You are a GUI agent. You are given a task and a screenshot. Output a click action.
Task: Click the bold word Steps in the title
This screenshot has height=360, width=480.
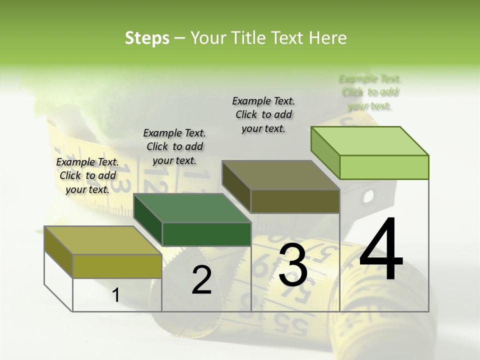(x=147, y=38)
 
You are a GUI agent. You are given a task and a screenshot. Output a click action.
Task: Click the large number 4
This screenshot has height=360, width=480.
(x=381, y=250)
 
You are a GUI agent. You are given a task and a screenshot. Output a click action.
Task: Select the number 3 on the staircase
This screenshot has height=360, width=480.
(x=293, y=265)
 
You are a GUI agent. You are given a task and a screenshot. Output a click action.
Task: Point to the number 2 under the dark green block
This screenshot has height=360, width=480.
(x=201, y=280)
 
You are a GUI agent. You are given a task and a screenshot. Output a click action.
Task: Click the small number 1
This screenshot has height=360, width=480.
(x=115, y=295)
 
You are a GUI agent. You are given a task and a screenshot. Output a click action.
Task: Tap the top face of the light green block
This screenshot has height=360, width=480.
(x=370, y=140)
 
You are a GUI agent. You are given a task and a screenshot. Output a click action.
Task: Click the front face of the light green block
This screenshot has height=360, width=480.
(x=384, y=167)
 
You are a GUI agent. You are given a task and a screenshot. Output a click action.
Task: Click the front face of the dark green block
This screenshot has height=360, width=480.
(x=206, y=234)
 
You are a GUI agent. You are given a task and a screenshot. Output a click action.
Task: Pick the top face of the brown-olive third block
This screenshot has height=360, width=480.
(x=281, y=175)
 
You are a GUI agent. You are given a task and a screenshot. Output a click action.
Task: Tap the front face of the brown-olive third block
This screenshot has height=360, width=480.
(x=295, y=201)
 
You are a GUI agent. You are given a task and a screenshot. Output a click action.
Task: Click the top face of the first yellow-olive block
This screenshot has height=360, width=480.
(x=103, y=240)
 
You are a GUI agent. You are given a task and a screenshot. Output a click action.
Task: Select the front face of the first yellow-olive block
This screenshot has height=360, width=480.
(x=117, y=266)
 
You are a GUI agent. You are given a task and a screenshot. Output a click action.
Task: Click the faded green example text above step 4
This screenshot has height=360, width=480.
(x=370, y=92)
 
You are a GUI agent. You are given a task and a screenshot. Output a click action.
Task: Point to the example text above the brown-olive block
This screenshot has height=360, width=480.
(x=263, y=114)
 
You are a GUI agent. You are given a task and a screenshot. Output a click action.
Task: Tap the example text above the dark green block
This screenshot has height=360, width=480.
(x=174, y=146)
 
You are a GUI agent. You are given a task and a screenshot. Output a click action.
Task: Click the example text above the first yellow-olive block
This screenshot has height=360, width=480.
(x=87, y=175)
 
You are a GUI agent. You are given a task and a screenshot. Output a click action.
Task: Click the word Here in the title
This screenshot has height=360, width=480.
(x=329, y=38)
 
